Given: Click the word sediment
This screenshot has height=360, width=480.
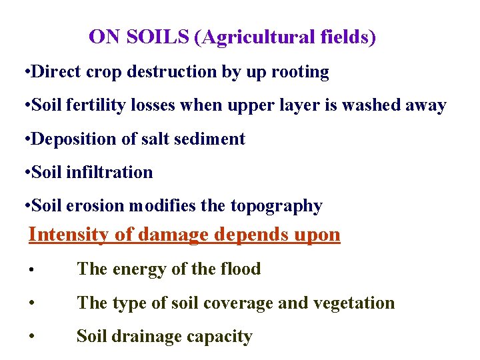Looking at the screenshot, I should [x=211, y=139].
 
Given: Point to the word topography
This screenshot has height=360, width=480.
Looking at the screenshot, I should [x=277, y=207].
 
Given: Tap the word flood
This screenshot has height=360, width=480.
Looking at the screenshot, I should [x=239, y=269].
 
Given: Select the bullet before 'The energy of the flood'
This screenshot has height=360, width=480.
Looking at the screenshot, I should [x=33, y=270].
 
